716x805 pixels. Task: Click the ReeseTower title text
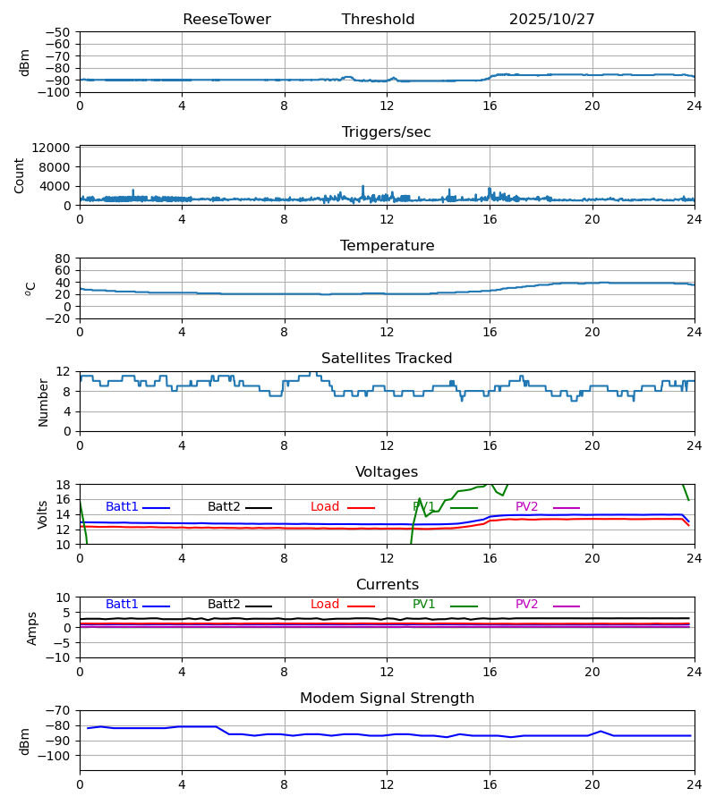point(226,20)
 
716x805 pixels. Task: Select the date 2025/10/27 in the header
point(551,20)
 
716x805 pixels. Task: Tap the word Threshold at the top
point(378,20)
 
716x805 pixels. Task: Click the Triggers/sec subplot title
point(387,132)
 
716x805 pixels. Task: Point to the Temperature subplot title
point(387,246)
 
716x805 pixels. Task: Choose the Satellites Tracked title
point(387,359)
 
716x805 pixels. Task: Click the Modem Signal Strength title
point(387,699)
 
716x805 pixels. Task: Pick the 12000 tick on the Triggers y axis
point(56,148)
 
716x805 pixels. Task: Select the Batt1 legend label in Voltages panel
point(122,507)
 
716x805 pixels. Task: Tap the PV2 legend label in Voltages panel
point(526,507)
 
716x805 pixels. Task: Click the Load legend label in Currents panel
point(325,605)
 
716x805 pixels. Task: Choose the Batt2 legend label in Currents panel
point(224,605)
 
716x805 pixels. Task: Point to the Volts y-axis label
point(43,514)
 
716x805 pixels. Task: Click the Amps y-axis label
point(32,628)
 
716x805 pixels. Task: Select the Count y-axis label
point(20,175)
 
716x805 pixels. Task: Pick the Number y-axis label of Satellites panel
point(43,402)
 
